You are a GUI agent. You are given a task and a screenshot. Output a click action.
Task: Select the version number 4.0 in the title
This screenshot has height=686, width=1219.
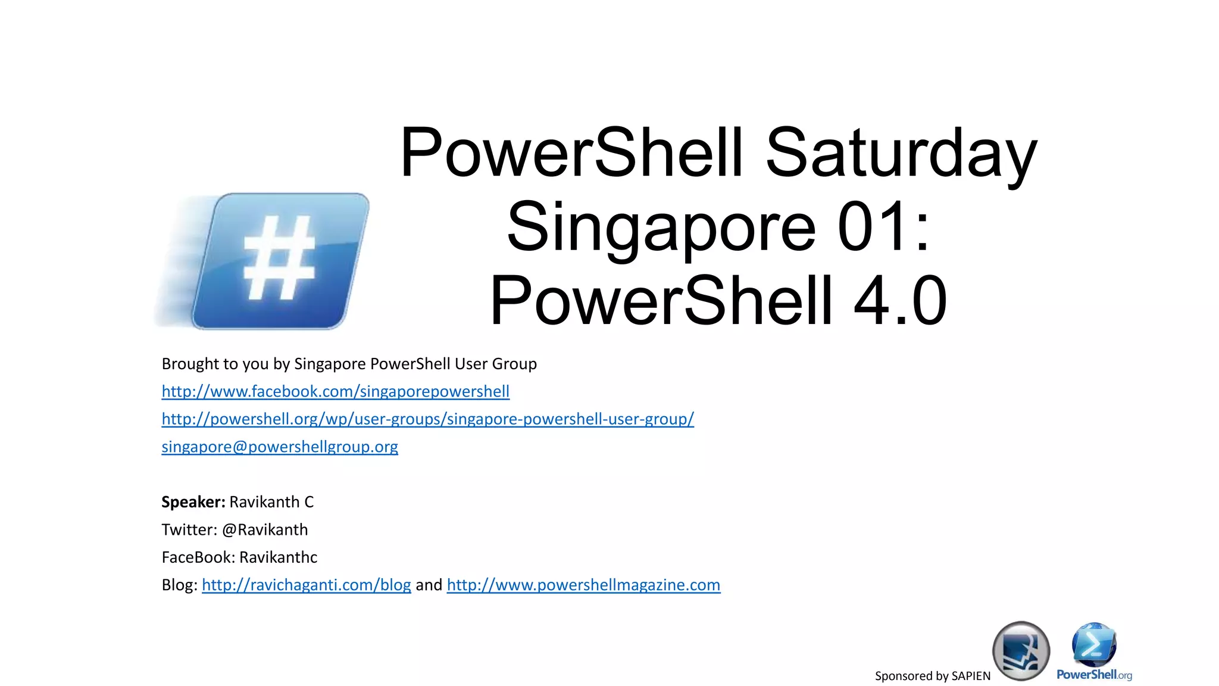click(x=899, y=301)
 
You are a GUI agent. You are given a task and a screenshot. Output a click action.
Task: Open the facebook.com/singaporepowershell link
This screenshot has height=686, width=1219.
click(x=335, y=391)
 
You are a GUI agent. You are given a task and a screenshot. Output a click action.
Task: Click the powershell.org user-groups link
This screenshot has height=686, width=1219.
click(x=427, y=419)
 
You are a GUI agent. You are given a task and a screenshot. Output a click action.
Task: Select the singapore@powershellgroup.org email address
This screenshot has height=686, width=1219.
click(x=280, y=447)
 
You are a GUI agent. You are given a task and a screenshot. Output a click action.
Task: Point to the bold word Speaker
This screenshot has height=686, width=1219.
click(x=193, y=502)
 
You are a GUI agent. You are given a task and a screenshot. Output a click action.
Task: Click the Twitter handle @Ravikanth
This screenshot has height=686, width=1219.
click(x=265, y=529)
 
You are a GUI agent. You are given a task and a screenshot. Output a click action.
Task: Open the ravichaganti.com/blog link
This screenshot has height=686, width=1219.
click(x=306, y=585)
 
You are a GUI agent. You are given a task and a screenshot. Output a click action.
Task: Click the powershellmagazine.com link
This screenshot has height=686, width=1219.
click(x=583, y=585)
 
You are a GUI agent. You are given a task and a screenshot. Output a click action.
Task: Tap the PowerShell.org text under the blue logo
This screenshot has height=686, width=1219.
click(x=1094, y=675)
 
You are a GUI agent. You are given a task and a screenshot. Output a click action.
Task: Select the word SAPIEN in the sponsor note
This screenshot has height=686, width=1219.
click(x=971, y=676)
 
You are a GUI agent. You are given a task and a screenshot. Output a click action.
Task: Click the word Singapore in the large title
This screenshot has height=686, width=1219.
click(x=661, y=227)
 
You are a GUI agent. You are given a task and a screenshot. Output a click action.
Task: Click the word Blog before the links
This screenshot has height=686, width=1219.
click(x=178, y=585)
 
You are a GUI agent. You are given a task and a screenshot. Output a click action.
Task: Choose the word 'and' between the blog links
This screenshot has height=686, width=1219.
click(x=429, y=585)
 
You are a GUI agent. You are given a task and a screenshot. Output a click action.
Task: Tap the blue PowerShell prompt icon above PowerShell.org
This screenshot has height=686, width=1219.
click(x=1094, y=644)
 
